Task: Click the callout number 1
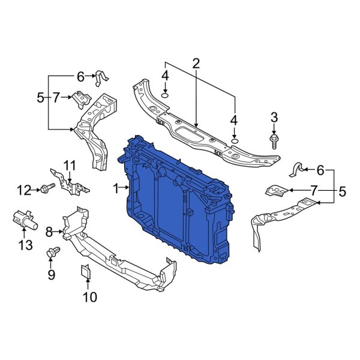pos(116,188)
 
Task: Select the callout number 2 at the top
pos(196,62)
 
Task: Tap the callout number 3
pos(274,116)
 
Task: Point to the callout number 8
pos(49,230)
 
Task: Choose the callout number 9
pos(51,275)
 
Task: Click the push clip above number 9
pos(52,253)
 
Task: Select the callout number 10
pos(89,296)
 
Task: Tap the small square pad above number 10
pos(85,272)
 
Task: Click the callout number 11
pos(70,165)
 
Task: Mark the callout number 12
pos(23,190)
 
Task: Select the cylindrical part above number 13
pos(23,220)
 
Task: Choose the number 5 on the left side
pos(40,97)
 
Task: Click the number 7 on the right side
pos(314,191)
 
